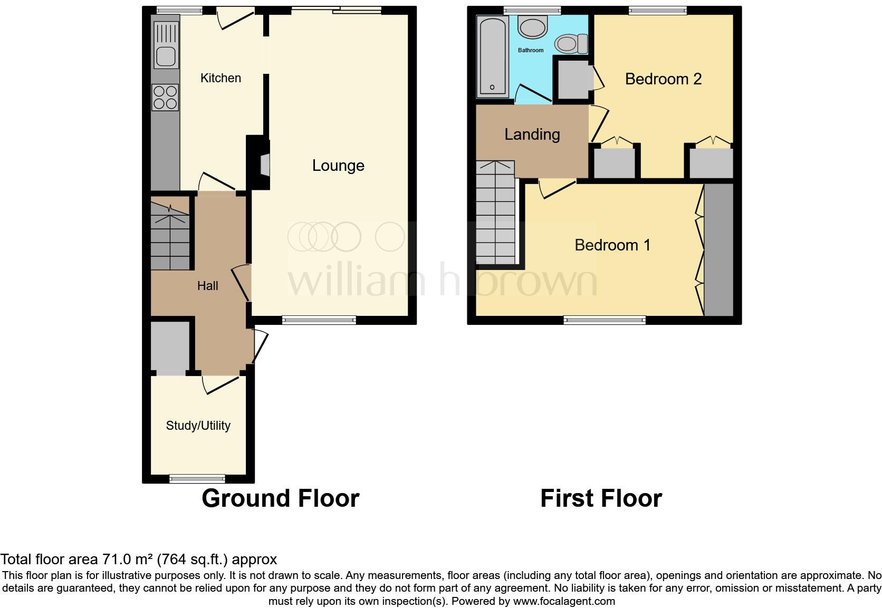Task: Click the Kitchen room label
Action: click(220, 78)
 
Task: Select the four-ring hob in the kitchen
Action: click(165, 98)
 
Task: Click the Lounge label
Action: click(338, 166)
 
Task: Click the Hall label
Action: click(207, 286)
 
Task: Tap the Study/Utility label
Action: click(198, 426)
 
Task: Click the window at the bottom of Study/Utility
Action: click(197, 479)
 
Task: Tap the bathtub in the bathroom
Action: click(492, 57)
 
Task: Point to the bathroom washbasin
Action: click(533, 27)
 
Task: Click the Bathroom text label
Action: click(530, 50)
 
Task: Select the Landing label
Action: click(532, 134)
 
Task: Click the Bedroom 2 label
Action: click(663, 79)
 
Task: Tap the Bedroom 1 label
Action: click(612, 245)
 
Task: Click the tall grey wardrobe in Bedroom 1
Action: click(718, 249)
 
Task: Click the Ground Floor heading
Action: click(280, 498)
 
